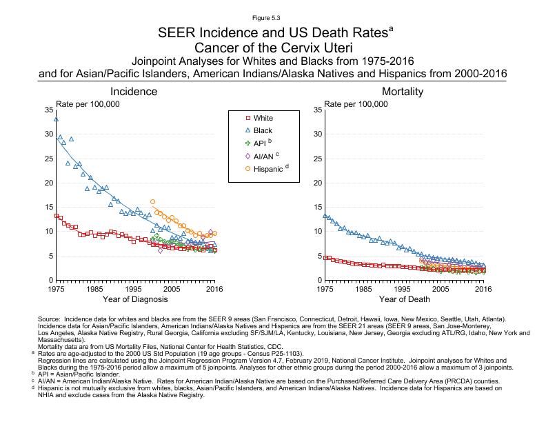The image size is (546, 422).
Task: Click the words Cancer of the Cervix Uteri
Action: pyautogui.click(x=273, y=48)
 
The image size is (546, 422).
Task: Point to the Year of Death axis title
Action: pyautogui.click(x=403, y=299)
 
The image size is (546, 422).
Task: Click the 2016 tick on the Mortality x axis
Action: pyautogui.click(x=484, y=290)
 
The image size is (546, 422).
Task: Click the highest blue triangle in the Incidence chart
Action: pyautogui.click(x=56, y=119)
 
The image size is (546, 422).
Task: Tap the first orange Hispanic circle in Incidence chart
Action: pyautogui.click(x=152, y=201)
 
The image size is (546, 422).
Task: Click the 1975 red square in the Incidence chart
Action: pyautogui.click(x=56, y=216)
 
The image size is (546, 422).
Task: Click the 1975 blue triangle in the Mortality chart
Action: pyautogui.click(x=325, y=215)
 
